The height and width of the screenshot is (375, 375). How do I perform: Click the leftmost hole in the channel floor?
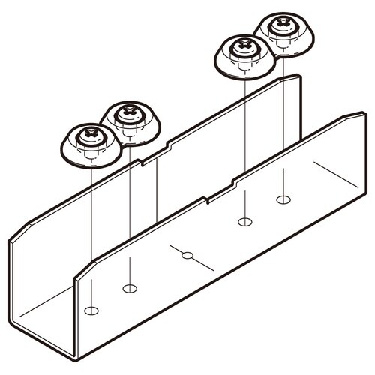point(91,310)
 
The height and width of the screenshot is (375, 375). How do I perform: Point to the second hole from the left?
point(129,288)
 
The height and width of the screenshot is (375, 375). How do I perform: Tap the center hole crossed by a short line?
point(187,256)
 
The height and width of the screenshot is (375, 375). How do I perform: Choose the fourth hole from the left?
point(243,221)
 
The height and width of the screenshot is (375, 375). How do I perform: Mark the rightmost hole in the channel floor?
point(283,199)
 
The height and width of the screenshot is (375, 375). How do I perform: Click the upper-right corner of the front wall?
point(363,115)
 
